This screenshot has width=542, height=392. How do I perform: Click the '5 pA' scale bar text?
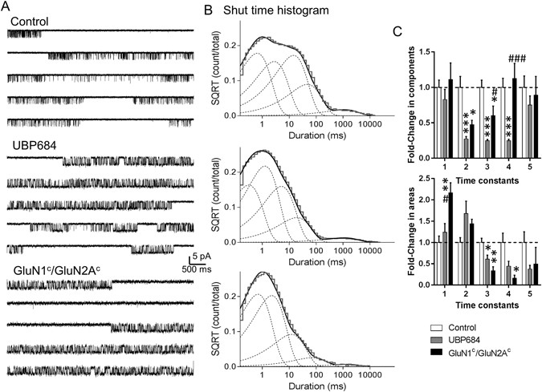click(x=204, y=258)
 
